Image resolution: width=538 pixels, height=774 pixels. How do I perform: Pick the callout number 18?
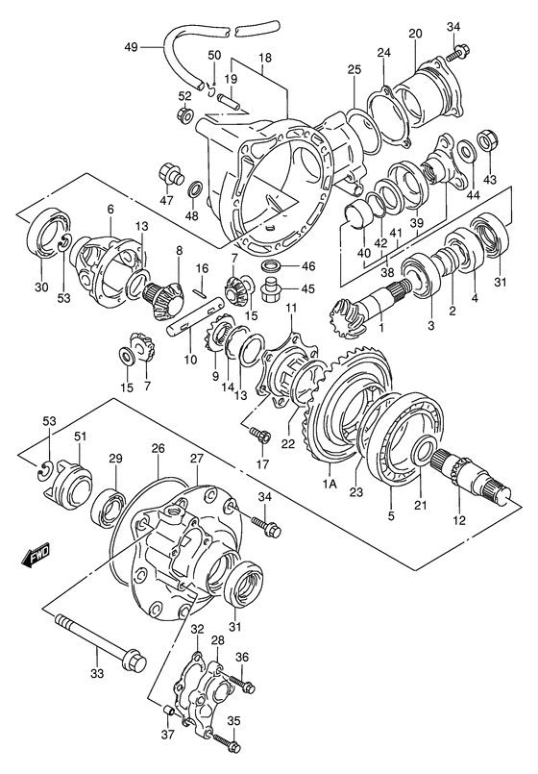(x=264, y=58)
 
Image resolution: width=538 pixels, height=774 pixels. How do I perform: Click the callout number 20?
(x=415, y=34)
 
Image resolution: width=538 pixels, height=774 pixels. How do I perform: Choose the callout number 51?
(x=82, y=437)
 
